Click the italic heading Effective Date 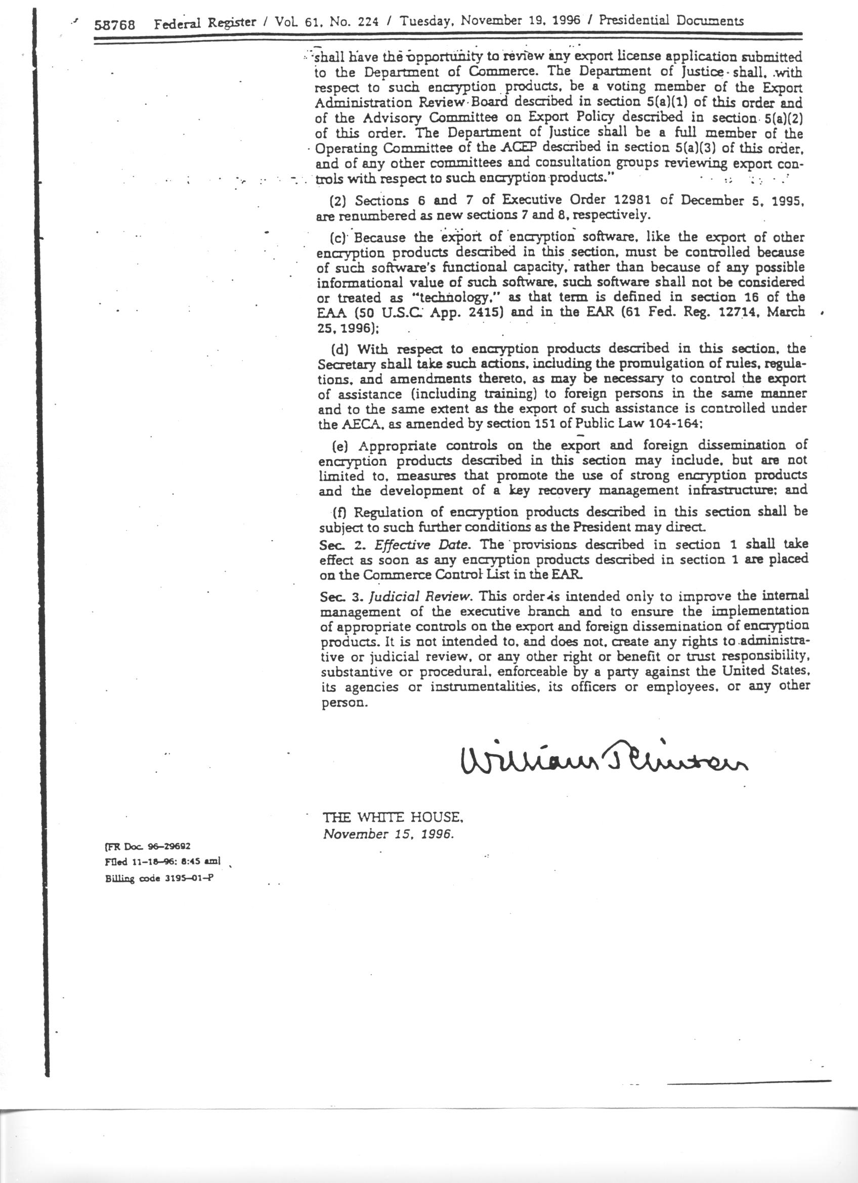pyautogui.click(x=423, y=545)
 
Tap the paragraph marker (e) pyautogui.click(x=340, y=446)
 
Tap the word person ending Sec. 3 pyautogui.click(x=342, y=703)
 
